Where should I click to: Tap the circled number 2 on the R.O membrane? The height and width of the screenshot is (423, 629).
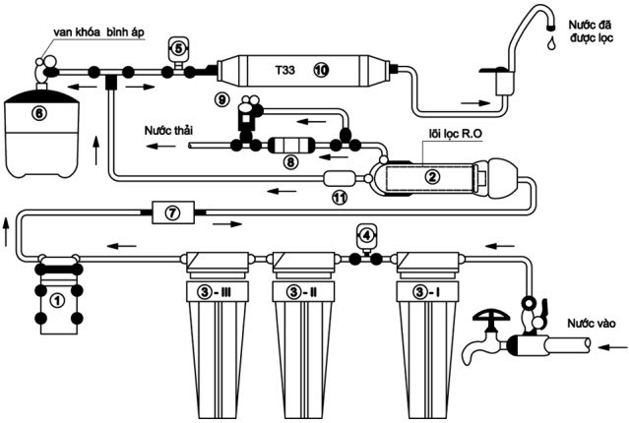click(430, 177)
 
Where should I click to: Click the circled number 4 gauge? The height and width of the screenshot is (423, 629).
click(367, 235)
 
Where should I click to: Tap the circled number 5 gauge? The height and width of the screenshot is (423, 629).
click(178, 45)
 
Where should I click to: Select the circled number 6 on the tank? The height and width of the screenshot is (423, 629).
click(39, 112)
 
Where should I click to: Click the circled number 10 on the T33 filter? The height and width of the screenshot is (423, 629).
click(321, 69)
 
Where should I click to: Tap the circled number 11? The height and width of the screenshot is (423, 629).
click(340, 198)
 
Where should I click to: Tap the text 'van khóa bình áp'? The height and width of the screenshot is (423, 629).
click(95, 33)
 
